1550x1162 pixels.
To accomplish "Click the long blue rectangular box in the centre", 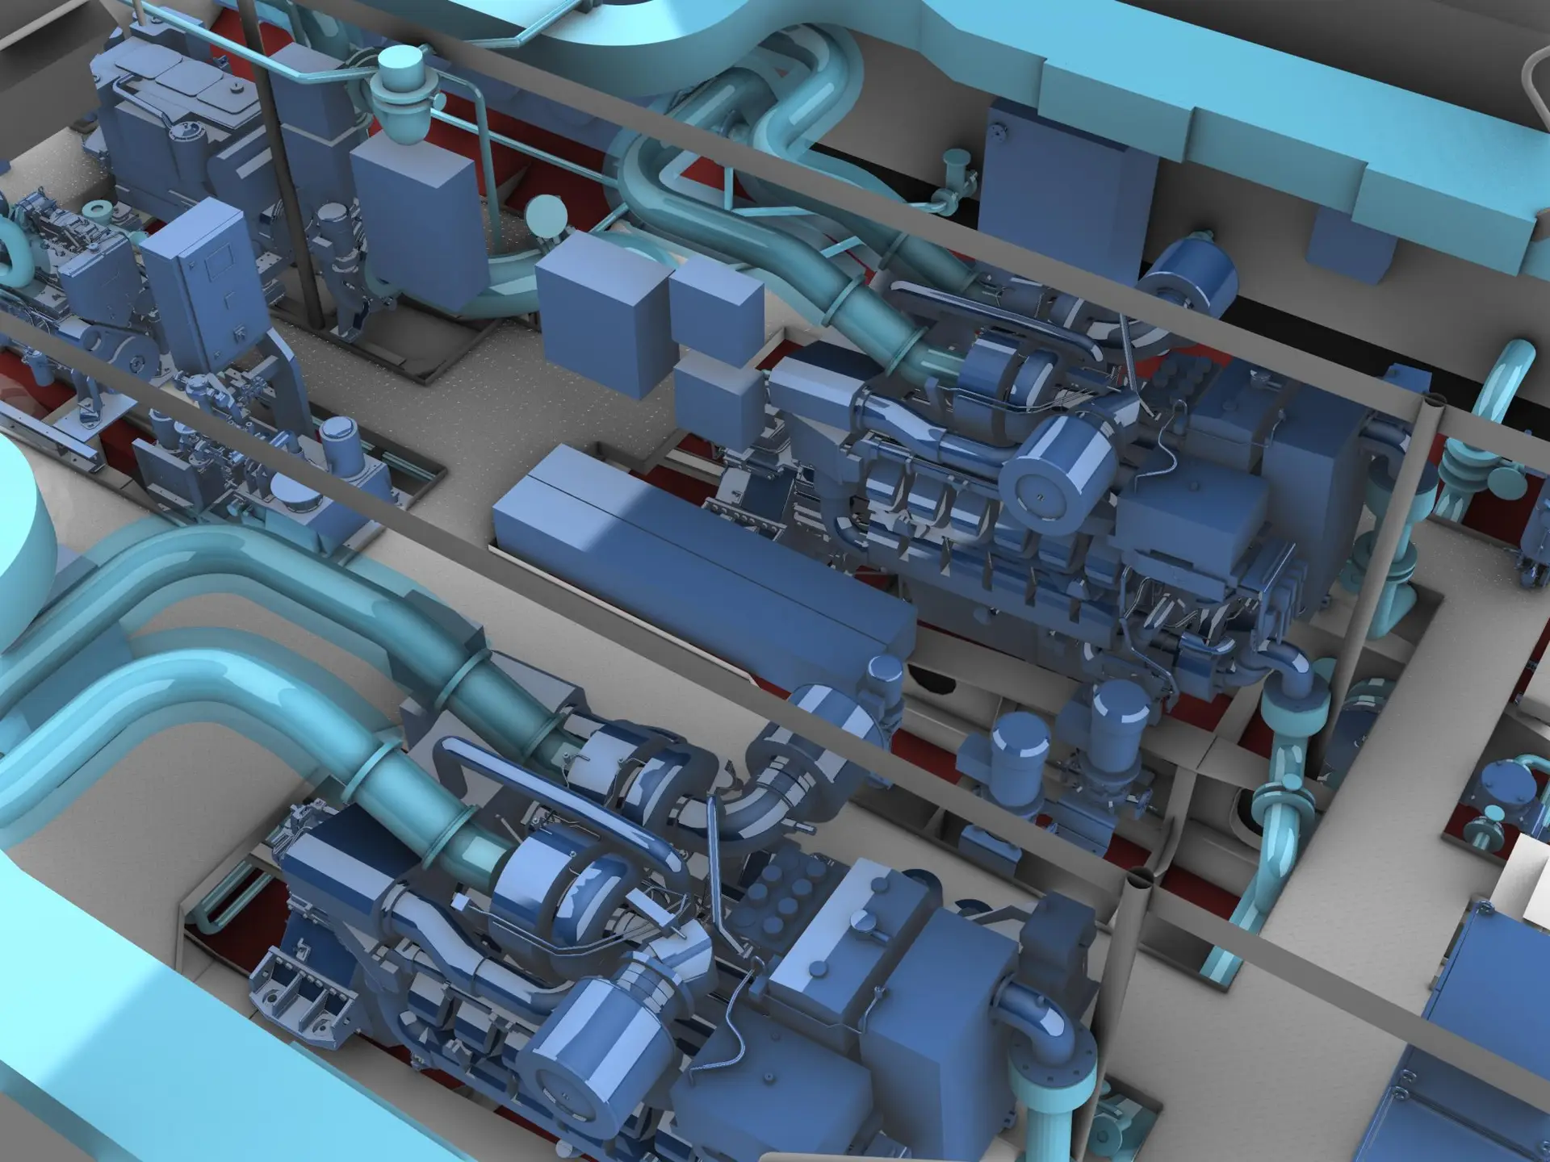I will coord(694,557).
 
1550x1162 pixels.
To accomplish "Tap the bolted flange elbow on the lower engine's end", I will coord(1049,1049).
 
